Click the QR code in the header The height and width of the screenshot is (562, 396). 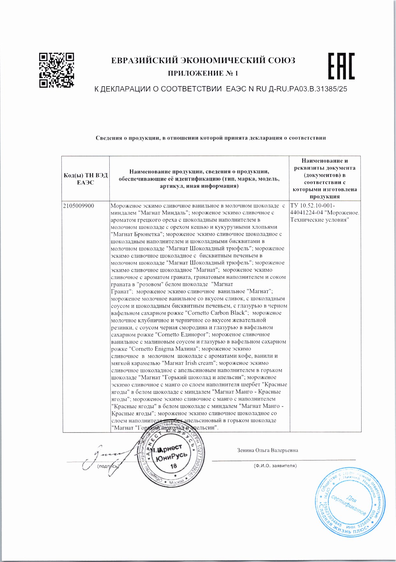[x=56, y=70]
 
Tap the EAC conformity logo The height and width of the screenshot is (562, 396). [x=341, y=66]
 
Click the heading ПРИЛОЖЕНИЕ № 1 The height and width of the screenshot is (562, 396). [x=203, y=74]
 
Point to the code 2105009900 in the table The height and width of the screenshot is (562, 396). [x=79, y=206]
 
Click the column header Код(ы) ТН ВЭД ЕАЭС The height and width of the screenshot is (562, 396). [x=86, y=179]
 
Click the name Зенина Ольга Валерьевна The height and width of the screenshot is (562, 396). [x=268, y=450]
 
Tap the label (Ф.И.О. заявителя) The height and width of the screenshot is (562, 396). [x=275, y=466]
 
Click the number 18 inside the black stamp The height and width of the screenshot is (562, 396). [x=174, y=466]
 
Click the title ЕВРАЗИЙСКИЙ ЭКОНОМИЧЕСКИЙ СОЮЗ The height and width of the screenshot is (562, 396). [x=203, y=61]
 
